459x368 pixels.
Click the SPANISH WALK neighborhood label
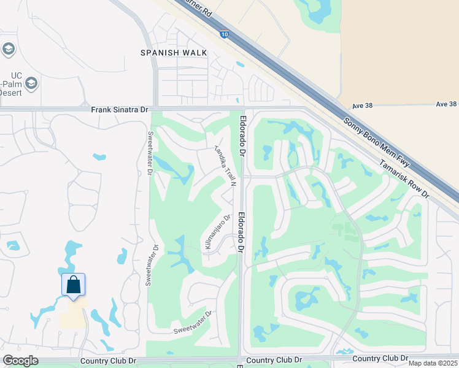174,53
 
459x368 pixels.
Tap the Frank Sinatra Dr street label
120,110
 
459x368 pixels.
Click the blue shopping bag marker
73,285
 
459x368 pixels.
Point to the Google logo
20,361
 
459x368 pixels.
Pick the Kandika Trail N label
225,165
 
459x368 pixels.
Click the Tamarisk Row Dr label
404,178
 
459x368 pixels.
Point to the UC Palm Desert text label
10,84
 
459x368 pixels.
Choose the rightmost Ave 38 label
447,104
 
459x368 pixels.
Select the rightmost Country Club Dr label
380,358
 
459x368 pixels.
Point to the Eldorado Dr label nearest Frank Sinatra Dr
243,134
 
